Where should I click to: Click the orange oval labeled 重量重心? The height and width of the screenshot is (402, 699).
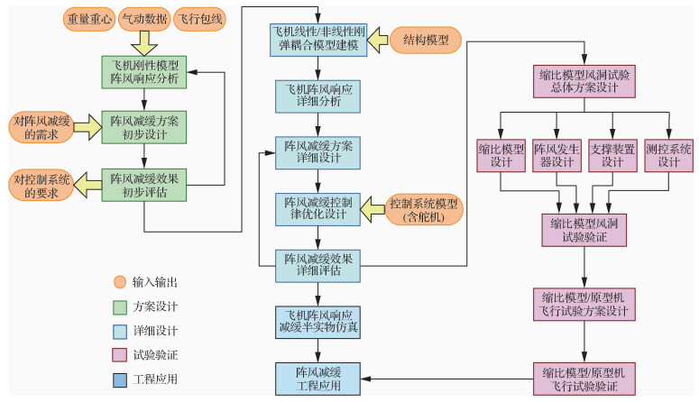pos(88,18)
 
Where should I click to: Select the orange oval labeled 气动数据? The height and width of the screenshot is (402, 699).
pos(143,18)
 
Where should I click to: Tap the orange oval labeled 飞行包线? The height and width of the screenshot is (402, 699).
pos(198,18)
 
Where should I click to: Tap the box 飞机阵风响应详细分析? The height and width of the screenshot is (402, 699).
pos(317,96)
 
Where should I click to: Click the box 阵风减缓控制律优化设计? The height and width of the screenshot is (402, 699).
pos(317,209)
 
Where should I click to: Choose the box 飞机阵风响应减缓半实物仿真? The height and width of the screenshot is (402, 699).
pos(317,322)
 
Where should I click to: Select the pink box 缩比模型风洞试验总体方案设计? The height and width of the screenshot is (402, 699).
pos(584,80)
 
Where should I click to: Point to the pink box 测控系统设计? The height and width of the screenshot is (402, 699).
pos(669,155)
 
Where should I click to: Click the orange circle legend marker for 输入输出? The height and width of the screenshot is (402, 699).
pos(119,282)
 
